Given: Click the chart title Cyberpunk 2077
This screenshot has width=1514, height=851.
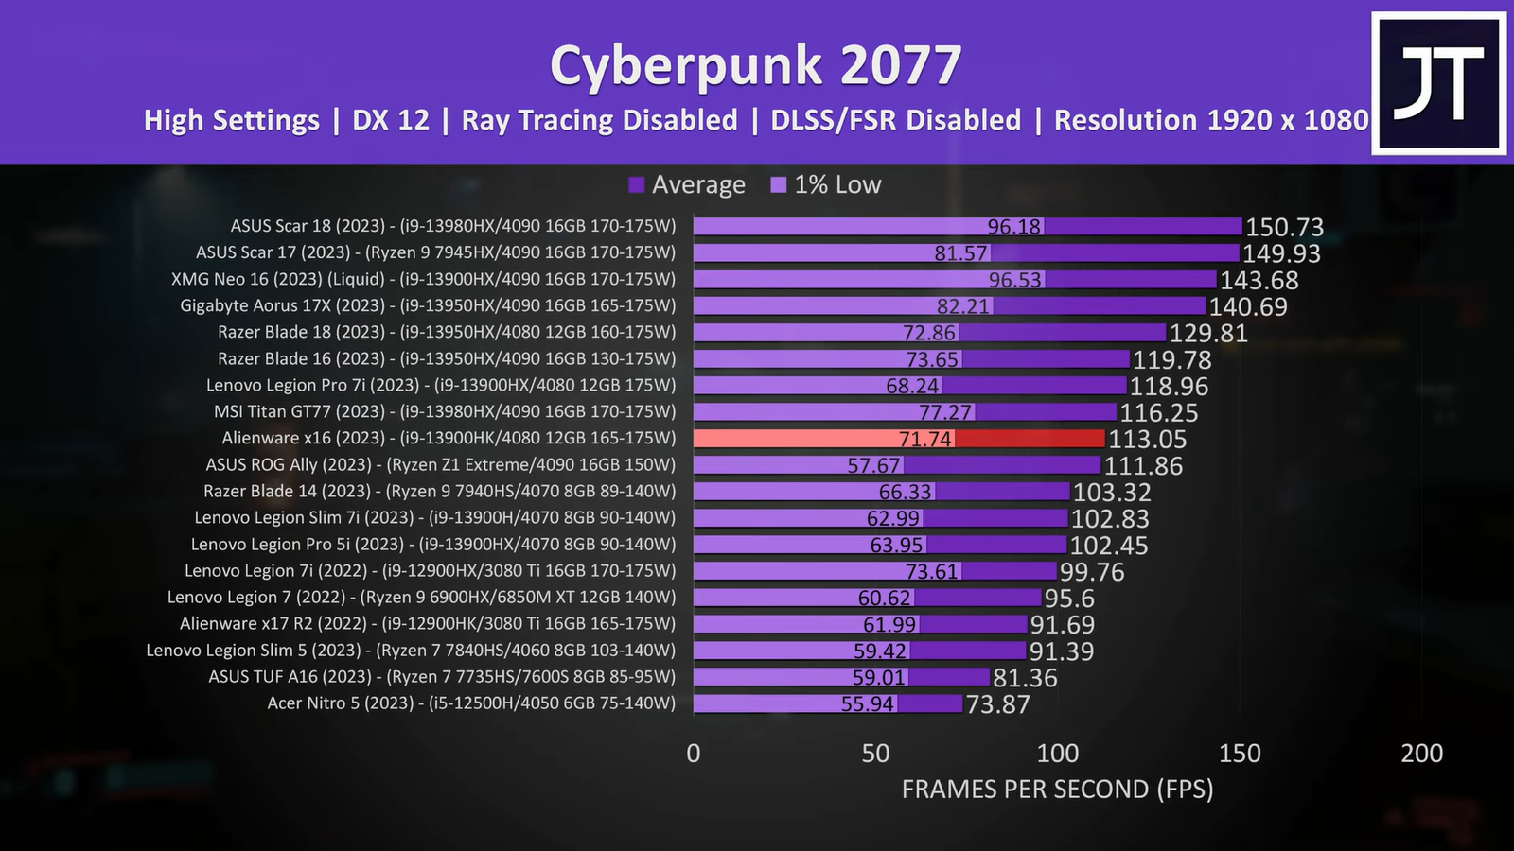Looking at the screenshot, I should click(755, 66).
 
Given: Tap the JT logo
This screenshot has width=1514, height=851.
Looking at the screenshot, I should click(1439, 83).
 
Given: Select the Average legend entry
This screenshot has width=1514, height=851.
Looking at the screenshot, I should click(687, 184).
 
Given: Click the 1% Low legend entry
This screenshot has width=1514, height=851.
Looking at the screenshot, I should click(826, 184).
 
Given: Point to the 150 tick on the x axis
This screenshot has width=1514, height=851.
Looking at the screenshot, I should click(1240, 753).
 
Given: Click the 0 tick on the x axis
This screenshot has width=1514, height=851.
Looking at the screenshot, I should click(694, 753).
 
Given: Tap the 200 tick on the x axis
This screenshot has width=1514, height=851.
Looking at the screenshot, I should click(1421, 753).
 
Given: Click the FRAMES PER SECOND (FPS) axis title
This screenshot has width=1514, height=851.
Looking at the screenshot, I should click(1057, 789).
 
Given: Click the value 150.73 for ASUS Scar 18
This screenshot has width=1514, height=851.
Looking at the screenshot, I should click(1284, 227).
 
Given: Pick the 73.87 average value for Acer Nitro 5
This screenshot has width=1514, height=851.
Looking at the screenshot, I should click(997, 704).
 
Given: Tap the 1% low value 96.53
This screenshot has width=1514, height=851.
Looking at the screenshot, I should click(1014, 280).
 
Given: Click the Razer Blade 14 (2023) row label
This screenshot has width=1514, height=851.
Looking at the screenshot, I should click(439, 491).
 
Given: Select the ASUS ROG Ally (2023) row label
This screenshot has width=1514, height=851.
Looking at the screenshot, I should click(440, 464).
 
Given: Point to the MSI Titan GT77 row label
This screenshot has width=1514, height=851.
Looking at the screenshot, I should click(445, 411).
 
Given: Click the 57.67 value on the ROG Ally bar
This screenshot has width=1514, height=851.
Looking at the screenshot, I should click(873, 465).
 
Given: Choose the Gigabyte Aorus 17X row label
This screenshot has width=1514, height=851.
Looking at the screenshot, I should click(428, 305).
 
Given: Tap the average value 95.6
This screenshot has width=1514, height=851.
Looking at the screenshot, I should click(1068, 599).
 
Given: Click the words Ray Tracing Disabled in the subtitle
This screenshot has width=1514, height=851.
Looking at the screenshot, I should click(599, 120).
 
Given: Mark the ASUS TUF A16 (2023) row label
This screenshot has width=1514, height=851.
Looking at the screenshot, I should click(442, 676).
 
